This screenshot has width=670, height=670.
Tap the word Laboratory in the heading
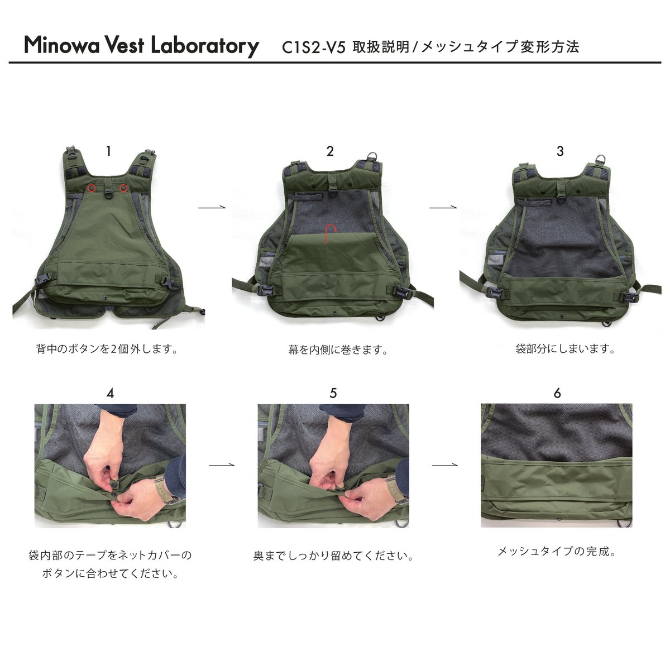(x=205, y=46)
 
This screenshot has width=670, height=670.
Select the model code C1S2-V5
(x=313, y=47)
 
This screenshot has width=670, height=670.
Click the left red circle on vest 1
(x=92, y=188)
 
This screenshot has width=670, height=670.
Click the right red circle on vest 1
(x=123, y=188)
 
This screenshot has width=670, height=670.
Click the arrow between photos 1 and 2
(x=212, y=208)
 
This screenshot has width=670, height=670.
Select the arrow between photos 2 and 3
(x=443, y=208)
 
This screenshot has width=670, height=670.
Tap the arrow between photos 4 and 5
(x=222, y=465)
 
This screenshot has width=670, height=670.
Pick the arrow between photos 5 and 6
(x=445, y=465)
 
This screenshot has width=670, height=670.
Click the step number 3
(x=560, y=151)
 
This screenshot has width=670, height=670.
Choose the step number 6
(x=557, y=393)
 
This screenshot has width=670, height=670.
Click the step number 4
(x=110, y=393)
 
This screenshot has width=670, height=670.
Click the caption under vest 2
(x=338, y=350)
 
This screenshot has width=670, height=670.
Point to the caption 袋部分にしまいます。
(x=566, y=349)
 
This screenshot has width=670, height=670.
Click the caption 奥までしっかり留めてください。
(x=333, y=556)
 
